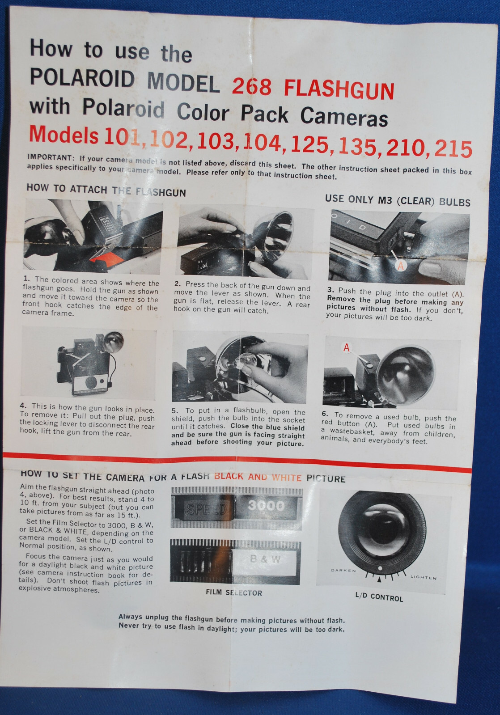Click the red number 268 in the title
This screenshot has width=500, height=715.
point(252,86)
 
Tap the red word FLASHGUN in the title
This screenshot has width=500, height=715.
point(339,89)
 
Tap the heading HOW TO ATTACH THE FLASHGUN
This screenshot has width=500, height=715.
point(106,190)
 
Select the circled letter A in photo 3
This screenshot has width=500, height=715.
point(400,265)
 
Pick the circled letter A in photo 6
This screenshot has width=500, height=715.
point(347,347)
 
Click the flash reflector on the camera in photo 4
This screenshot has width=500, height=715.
point(113,342)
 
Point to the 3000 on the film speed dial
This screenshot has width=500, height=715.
point(266,505)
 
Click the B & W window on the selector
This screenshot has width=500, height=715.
point(265,559)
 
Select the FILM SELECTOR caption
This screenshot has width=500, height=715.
point(234,592)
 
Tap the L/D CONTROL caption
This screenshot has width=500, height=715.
point(379,597)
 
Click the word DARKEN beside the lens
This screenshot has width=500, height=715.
point(343,571)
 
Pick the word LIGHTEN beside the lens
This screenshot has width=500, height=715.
point(424,577)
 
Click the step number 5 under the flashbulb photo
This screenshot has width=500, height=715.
point(174,411)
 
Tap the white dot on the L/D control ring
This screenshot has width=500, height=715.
point(380,568)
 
